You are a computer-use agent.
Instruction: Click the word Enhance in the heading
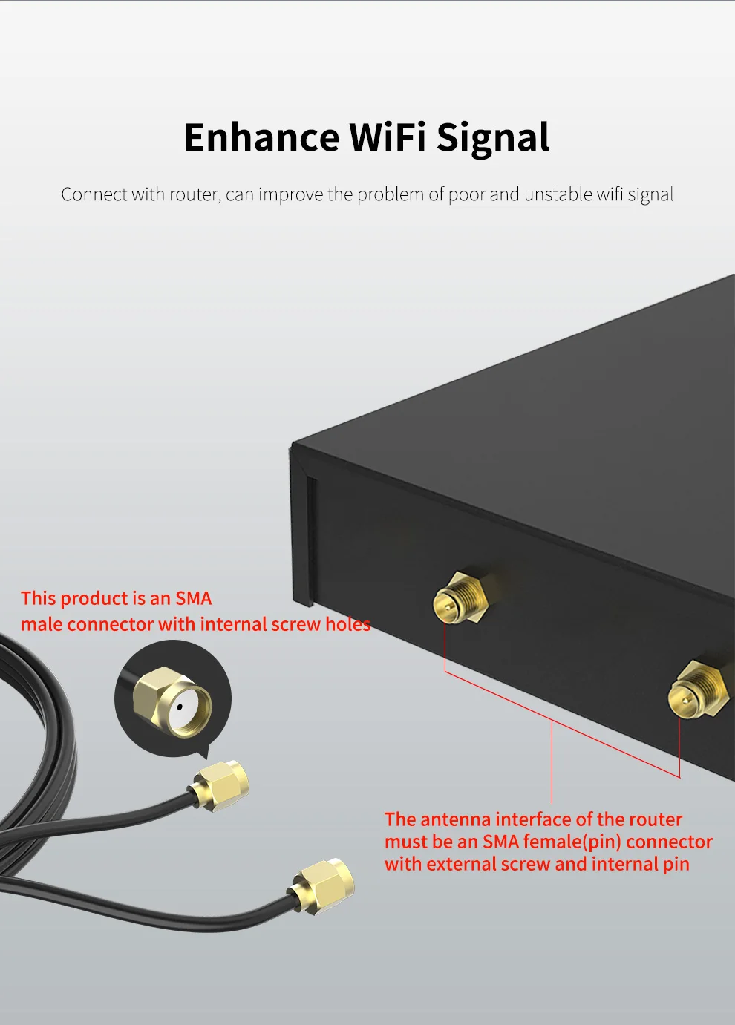pos(261,138)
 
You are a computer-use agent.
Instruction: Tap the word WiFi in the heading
pos(387,138)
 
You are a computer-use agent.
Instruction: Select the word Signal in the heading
pos(493,138)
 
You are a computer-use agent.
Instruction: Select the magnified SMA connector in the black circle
pos(173,701)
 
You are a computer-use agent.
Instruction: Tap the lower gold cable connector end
pos(324,885)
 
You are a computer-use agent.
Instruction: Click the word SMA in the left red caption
pos(193,598)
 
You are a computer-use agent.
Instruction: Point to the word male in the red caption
pos(42,624)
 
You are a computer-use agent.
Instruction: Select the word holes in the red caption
pos(347,624)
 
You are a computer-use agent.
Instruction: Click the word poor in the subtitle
pos(466,194)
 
